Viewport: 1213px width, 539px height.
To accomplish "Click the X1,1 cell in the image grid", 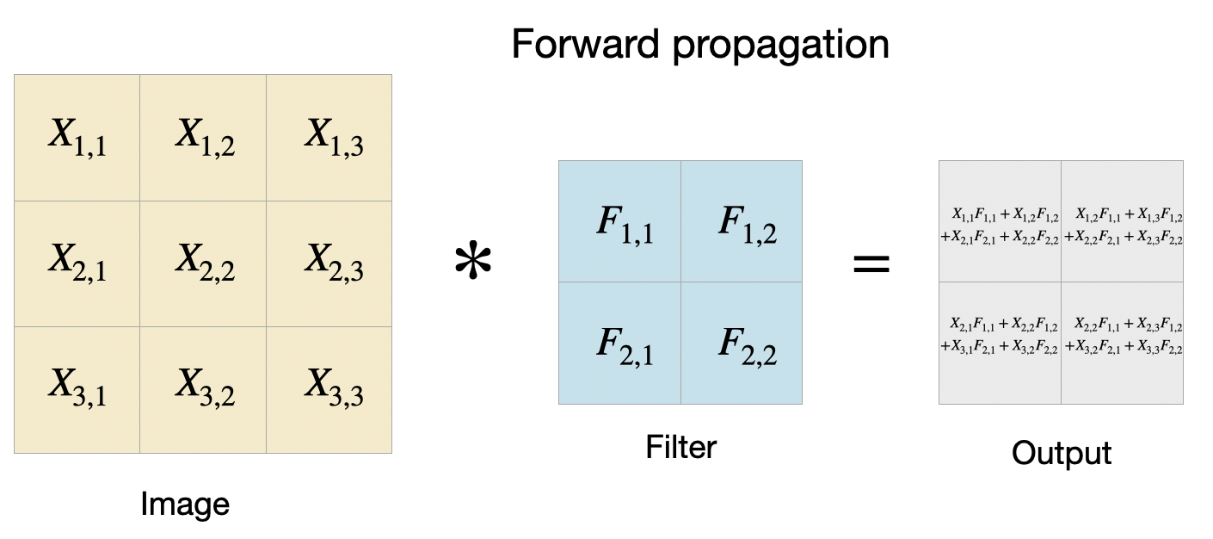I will click(77, 137).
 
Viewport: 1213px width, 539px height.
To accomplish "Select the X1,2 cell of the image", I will click(203, 137).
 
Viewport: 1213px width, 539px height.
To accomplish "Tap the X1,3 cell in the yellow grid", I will click(329, 137).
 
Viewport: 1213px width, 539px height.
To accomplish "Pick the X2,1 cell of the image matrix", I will click(77, 263).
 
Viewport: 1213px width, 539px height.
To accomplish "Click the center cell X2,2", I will click(203, 263).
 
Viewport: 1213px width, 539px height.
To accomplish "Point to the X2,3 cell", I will click(329, 263).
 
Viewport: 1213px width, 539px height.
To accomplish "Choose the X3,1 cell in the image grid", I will click(77, 390).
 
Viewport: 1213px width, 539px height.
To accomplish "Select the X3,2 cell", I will click(203, 390).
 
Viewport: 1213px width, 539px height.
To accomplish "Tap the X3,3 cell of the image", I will click(329, 390).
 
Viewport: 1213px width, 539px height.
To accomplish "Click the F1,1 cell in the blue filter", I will click(619, 222).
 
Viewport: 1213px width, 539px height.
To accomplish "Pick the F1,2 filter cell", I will click(742, 222).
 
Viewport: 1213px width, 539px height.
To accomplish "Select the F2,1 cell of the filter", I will click(619, 344).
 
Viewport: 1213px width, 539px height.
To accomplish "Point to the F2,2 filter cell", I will click(742, 344).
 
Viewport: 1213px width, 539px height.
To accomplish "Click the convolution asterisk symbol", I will click(472, 265).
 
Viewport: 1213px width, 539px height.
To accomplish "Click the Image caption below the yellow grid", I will click(185, 504).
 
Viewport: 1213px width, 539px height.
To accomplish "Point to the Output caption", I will click(1061, 452).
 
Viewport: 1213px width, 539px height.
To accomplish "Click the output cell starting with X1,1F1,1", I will click(1000, 222).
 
